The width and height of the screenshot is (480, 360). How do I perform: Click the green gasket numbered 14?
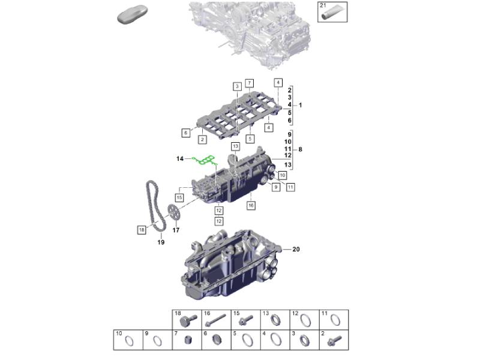click(x=205, y=160)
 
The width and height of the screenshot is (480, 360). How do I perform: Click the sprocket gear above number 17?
click(x=174, y=212)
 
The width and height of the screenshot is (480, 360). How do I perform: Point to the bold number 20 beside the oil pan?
click(x=296, y=249)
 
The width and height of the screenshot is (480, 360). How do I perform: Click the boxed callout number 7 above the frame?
click(x=250, y=83)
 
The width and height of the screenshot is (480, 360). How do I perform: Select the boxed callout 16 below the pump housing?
click(x=251, y=205)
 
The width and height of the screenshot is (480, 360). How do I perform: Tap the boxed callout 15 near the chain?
click(x=179, y=198)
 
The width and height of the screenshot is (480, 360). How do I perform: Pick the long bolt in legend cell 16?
click(x=216, y=320)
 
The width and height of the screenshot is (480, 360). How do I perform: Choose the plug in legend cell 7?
click(x=188, y=340)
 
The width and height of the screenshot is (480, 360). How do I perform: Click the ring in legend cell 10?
click(x=130, y=341)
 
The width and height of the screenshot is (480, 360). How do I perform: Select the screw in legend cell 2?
click(x=334, y=340)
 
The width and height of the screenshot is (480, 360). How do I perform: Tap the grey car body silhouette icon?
click(x=133, y=14)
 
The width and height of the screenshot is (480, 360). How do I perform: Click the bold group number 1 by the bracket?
click(x=301, y=106)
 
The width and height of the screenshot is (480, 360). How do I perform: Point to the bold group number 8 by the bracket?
click(x=301, y=149)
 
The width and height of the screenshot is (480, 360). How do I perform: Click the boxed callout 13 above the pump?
click(x=235, y=146)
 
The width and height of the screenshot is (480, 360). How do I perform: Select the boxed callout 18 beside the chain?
click(x=142, y=230)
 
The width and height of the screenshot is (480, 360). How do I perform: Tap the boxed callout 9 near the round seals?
click(x=276, y=187)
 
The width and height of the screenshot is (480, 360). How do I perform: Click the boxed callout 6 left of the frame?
click(x=185, y=133)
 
